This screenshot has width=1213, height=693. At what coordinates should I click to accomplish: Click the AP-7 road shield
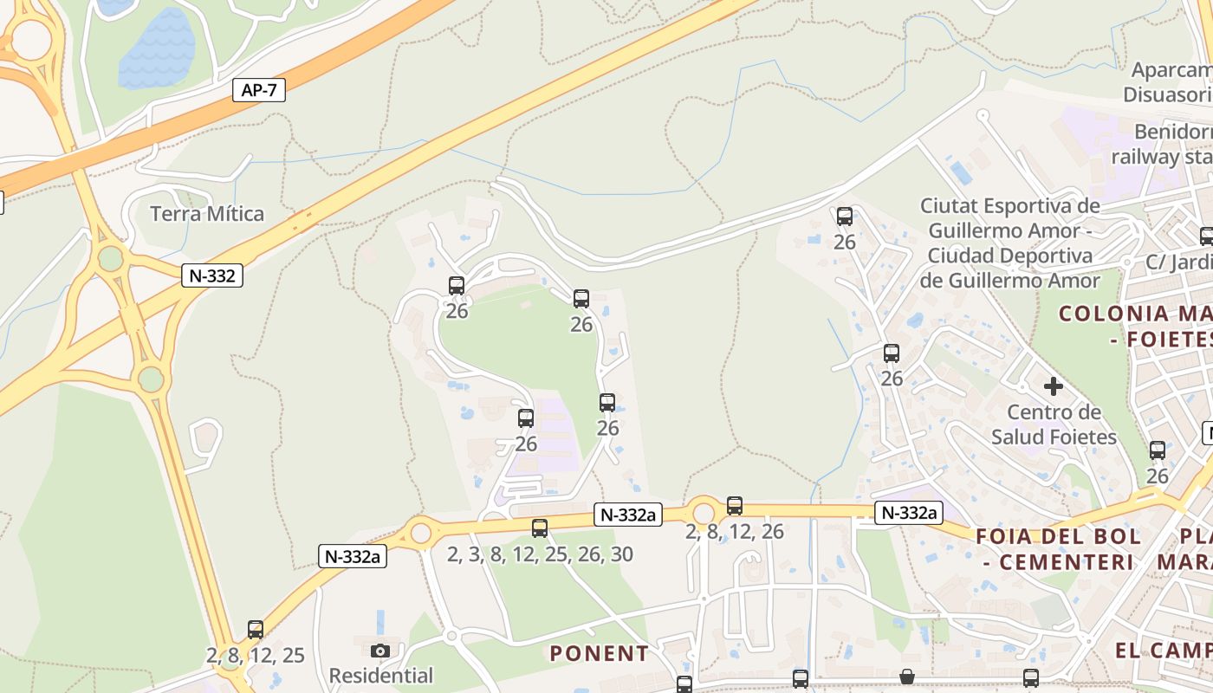tap(259, 89)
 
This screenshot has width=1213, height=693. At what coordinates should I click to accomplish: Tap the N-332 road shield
tap(212, 275)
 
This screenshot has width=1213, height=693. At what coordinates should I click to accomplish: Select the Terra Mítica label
tap(207, 214)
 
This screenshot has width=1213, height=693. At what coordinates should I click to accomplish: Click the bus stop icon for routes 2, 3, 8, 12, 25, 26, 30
tap(540, 528)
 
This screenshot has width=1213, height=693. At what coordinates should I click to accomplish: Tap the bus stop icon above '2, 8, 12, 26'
tap(735, 505)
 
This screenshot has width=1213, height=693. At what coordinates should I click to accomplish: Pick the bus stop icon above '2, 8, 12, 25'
tap(256, 629)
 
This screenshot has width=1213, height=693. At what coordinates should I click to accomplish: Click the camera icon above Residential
tap(379, 651)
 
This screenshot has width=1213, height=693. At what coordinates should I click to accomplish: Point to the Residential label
tap(381, 676)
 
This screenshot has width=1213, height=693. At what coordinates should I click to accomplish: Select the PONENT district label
tap(599, 653)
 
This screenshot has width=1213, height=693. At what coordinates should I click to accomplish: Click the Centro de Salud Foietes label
tap(1054, 424)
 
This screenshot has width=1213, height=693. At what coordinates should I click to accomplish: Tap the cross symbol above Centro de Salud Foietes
tap(1054, 386)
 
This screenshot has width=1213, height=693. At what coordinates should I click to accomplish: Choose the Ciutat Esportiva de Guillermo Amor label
tap(1010, 243)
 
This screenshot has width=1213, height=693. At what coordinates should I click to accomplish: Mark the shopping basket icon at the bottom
tap(906, 677)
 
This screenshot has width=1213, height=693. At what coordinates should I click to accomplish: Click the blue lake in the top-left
tap(157, 50)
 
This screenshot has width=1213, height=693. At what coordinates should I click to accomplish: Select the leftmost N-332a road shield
tap(353, 556)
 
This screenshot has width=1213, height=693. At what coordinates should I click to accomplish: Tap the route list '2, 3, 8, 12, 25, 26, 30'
tap(540, 554)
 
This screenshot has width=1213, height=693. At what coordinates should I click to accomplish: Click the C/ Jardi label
tap(1178, 262)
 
